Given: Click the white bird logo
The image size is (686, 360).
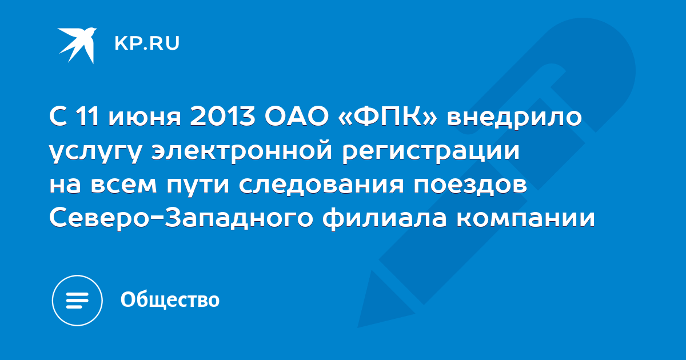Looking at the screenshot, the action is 78,45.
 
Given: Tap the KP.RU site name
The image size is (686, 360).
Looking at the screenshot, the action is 147,43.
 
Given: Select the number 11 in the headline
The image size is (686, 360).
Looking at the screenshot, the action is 87,117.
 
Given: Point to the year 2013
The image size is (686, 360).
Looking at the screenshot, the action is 222,117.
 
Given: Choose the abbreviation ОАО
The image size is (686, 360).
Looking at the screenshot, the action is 297,117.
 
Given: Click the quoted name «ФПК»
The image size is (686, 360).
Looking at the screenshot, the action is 388,117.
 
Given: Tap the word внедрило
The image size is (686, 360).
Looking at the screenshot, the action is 514,118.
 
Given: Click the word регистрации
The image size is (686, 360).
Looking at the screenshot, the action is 431,152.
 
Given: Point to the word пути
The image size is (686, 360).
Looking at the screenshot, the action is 198,185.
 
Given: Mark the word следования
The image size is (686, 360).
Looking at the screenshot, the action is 321,185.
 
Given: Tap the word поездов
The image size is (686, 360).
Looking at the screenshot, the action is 470,185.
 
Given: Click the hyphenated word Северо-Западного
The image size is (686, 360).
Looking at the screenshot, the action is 181,218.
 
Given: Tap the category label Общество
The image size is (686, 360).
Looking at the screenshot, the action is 170,299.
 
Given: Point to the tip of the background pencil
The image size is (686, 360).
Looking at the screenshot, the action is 358,327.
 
